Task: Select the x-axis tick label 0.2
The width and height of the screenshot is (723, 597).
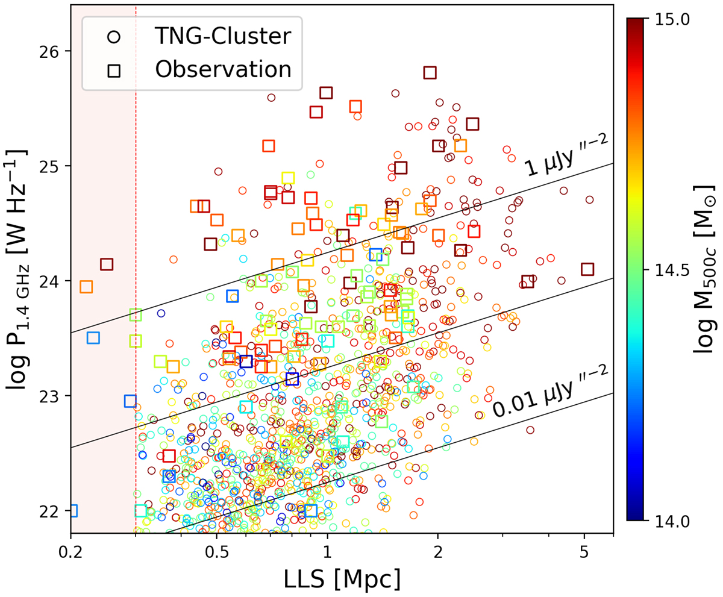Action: point(71,549)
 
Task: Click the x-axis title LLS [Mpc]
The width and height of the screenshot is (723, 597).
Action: point(342,579)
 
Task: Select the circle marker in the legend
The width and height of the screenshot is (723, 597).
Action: point(113,37)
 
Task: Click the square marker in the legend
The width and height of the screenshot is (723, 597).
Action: point(113,69)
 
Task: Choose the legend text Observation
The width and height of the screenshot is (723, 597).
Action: point(223,69)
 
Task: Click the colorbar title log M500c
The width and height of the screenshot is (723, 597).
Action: point(706,270)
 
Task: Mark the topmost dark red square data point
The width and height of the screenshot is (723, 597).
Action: point(430,72)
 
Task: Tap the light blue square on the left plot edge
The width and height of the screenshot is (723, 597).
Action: point(72,510)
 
